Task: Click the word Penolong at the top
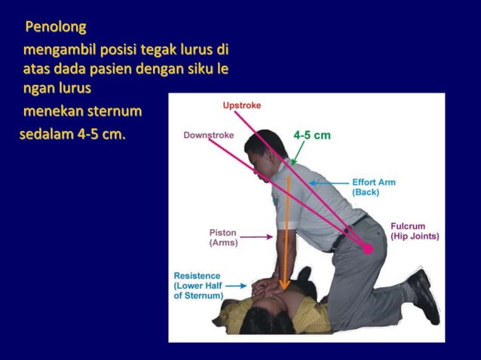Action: pos(56,28)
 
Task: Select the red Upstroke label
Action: pos(241,105)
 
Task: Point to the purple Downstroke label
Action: pos(208,135)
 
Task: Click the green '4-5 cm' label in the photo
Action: pos(312,136)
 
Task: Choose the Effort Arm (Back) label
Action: pos(373,187)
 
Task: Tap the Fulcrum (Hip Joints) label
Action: pos(414,230)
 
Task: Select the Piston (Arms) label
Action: pos(223,237)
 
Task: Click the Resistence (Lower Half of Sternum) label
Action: pos(197,285)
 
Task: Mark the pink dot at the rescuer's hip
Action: pos(368,249)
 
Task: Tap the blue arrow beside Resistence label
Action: pos(234,286)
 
